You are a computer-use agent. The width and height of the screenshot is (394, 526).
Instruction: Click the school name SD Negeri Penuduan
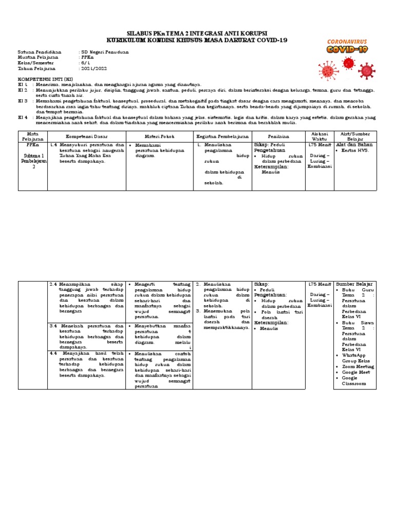[105, 52]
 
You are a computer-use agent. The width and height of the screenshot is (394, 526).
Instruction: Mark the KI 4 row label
[23, 117]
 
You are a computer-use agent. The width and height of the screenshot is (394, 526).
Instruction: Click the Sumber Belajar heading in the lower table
[354, 284]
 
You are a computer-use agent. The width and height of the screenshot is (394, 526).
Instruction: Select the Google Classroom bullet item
[357, 381]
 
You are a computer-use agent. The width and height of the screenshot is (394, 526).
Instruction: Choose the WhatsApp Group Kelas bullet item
[357, 358]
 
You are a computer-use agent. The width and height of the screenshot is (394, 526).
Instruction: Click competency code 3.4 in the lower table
[53, 326]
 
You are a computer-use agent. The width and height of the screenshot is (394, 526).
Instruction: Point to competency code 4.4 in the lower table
[53, 353]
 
